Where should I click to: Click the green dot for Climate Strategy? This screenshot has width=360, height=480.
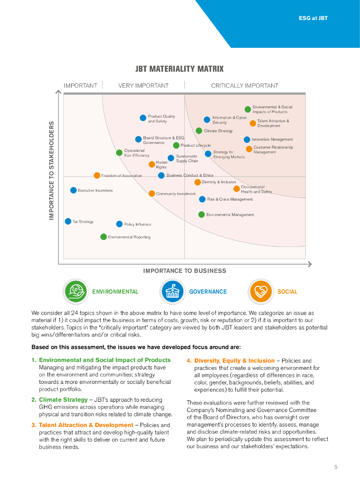click(199, 131)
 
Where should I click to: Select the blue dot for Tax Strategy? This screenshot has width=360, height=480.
click(68, 221)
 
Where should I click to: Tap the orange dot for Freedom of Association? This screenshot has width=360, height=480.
click(97, 175)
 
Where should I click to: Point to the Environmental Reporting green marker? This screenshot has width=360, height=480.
click(104, 237)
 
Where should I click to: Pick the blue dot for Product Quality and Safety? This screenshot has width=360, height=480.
click(143, 118)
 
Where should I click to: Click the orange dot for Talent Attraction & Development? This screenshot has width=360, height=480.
click(253, 123)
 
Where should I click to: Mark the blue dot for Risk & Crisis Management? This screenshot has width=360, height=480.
click(202, 199)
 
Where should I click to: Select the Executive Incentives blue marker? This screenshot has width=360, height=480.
click(74, 190)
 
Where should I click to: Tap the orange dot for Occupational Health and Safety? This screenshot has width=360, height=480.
click(236, 189)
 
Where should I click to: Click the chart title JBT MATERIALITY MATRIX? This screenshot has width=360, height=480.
click(180, 69)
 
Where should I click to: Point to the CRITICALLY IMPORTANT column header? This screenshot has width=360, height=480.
click(245, 86)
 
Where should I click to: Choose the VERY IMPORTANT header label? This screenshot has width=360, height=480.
click(143, 86)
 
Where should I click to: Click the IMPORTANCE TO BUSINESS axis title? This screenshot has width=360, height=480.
click(185, 271)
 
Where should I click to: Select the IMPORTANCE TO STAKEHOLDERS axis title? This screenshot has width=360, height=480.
click(52, 171)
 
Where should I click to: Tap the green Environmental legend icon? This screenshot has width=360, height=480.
click(75, 292)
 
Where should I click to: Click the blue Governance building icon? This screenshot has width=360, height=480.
click(172, 292)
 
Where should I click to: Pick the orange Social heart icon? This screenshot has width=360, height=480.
click(260, 292)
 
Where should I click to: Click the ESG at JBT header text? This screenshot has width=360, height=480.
click(313, 18)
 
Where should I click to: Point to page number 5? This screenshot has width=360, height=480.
click(336, 467)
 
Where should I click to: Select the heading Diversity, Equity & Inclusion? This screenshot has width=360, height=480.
click(234, 361)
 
